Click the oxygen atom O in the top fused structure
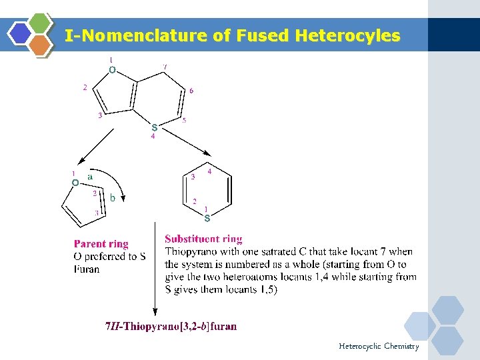[x=112, y=69]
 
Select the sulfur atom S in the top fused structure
[x=154, y=127]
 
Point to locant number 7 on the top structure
[x=165, y=67]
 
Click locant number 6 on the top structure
[x=191, y=91]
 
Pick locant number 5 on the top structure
[x=184, y=121]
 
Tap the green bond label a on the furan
[x=90, y=177]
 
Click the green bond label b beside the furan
[x=113, y=198]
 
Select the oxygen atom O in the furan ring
[x=75, y=183]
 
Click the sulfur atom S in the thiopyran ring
[x=207, y=218]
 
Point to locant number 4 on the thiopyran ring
[x=209, y=172]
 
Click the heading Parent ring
[x=101, y=244]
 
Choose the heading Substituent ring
[x=203, y=239]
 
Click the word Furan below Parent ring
[x=87, y=269]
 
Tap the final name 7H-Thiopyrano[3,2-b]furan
[x=171, y=326]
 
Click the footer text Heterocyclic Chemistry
[x=379, y=346]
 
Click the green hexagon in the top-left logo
[x=41, y=23]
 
